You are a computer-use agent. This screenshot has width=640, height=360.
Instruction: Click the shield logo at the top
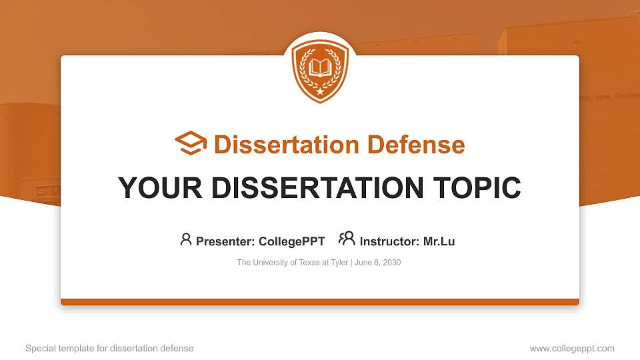pos(320,71)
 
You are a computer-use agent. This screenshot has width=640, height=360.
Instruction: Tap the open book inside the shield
pos(320,67)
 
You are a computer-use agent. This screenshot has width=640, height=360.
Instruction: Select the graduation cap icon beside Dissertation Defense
pos(191,143)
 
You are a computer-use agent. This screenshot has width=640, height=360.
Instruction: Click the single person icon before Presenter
pos(186,239)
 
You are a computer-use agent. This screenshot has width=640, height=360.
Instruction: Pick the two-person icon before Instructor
pos(347,239)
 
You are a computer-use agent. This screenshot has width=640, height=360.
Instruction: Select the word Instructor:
pos(389,241)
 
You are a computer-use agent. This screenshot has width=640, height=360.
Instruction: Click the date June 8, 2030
pos(378,263)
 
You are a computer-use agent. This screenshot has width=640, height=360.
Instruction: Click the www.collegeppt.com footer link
pos(571,348)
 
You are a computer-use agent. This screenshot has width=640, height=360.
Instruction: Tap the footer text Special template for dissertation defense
pos(109,348)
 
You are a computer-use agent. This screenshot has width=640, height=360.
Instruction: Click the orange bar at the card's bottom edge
pos(320,302)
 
